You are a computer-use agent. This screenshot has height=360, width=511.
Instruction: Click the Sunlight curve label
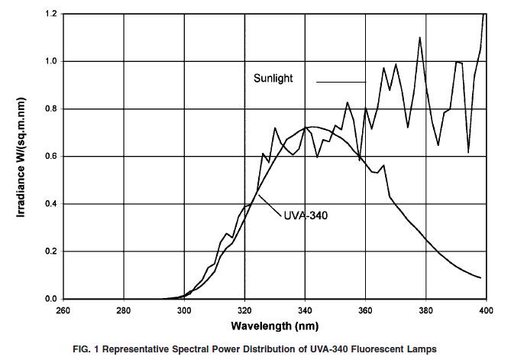click(273, 78)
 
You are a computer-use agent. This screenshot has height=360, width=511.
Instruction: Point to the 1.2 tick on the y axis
click(50, 15)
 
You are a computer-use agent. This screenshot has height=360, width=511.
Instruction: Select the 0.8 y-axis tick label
click(50, 109)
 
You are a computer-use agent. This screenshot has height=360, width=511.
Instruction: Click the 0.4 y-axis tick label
click(50, 204)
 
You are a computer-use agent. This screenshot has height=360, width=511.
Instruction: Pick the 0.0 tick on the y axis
click(50, 299)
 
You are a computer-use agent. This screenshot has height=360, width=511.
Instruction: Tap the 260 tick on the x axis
click(63, 311)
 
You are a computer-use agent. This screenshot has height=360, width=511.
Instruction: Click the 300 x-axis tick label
click(184, 311)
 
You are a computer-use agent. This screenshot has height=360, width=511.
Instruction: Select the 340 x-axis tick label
click(306, 311)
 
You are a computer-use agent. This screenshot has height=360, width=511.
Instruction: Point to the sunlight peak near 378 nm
click(420, 37)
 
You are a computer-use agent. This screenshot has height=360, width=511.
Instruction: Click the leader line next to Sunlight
click(341, 81)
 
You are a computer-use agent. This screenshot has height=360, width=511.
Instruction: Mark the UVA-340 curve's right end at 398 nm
click(480, 277)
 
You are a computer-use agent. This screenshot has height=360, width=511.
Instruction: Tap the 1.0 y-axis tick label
click(50, 62)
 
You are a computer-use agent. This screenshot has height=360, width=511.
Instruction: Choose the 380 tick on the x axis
click(426, 311)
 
